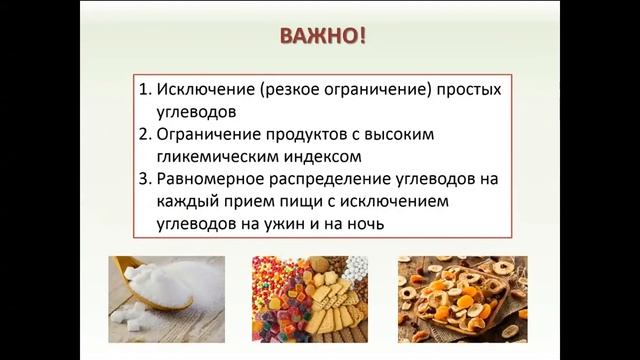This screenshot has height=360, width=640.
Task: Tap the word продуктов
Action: [306, 134]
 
